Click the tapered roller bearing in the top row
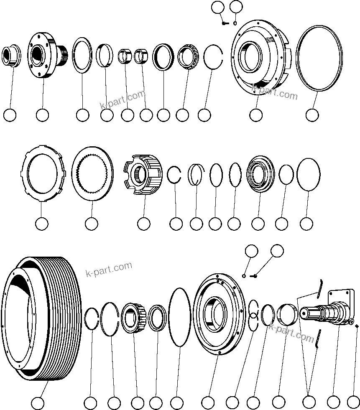tap(186, 56)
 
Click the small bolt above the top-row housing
tap(225, 23)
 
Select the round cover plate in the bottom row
tap(217, 313)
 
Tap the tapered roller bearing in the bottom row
tap(133, 318)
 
